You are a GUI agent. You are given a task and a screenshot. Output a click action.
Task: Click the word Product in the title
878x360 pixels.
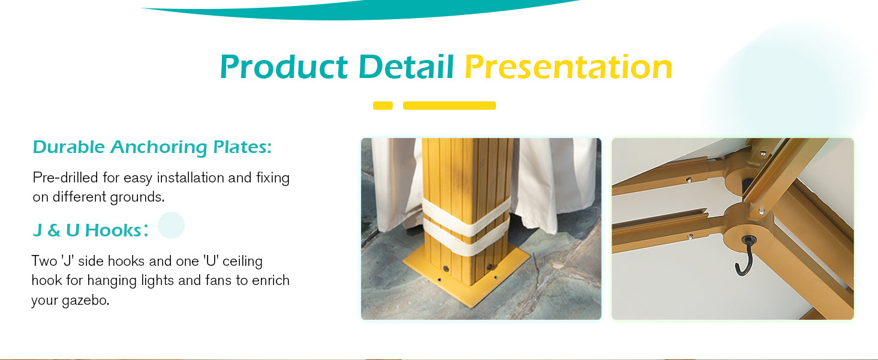click(x=284, y=67)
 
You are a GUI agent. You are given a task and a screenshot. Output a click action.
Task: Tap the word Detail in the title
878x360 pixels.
click(x=406, y=67)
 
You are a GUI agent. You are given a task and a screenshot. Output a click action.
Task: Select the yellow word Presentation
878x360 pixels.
click(x=569, y=67)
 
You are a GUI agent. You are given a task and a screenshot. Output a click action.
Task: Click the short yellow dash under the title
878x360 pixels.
click(x=383, y=106)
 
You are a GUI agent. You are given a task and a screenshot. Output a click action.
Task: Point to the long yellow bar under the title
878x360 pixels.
click(x=449, y=106)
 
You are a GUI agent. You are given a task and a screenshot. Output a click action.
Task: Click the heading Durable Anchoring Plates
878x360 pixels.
click(x=152, y=148)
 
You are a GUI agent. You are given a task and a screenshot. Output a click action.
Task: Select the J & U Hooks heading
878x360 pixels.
click(x=91, y=230)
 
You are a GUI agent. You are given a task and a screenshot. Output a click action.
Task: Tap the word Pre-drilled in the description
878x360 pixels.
click(x=65, y=178)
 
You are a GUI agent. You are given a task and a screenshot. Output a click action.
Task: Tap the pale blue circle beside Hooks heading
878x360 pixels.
click(x=171, y=225)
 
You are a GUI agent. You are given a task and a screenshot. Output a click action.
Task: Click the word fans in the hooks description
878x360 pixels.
click(x=219, y=281)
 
